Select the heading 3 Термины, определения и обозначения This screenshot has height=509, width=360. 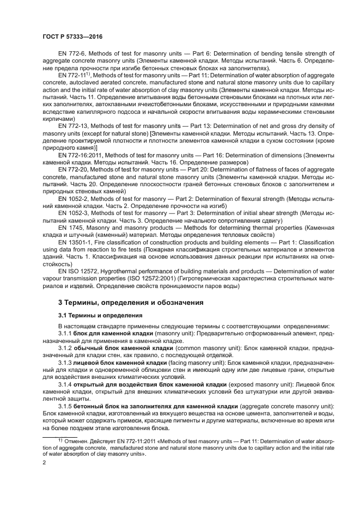131,302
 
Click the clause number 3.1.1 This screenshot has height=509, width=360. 65,332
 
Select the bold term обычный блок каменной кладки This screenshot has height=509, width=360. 120,346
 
